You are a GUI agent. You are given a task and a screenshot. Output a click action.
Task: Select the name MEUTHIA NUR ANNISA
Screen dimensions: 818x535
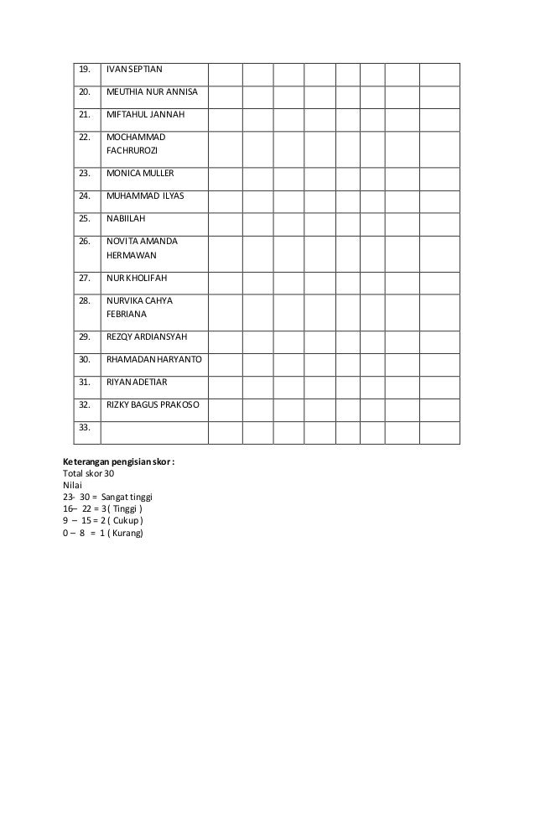(152, 91)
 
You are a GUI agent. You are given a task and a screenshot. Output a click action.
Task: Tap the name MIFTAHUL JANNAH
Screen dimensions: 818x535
(145, 114)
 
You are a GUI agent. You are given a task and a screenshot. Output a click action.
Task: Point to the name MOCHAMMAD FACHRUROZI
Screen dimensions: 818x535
(136, 144)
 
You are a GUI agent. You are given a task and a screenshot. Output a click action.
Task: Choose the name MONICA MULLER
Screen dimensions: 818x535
(140, 174)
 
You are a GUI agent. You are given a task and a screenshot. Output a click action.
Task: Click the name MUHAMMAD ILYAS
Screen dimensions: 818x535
(145, 196)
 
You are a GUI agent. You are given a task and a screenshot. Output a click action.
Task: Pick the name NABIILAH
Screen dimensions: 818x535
(126, 219)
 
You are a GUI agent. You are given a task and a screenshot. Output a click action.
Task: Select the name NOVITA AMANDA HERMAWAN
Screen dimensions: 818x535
(141, 247)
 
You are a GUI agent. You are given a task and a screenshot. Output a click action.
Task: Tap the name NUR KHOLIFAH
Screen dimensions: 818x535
(138, 278)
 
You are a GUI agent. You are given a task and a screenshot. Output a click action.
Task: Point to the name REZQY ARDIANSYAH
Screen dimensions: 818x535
(147, 336)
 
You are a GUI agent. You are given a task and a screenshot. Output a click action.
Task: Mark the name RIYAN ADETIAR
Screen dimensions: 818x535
(137, 382)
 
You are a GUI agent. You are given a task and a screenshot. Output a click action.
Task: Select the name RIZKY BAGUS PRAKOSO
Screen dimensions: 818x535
(153, 404)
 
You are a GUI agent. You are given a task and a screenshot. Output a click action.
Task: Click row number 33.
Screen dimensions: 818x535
(84, 427)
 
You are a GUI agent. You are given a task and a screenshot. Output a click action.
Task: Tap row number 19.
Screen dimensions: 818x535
(84, 69)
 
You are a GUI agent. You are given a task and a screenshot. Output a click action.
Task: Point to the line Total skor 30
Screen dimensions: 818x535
(88, 473)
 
